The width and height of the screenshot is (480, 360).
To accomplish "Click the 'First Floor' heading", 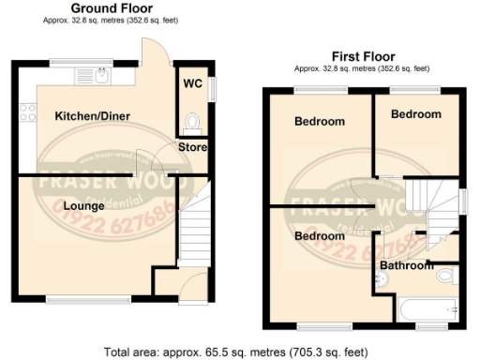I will click(x=362, y=56).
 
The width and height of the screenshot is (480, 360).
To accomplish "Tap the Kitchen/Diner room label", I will click(x=92, y=115).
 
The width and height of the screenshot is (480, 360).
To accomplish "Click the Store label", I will click(x=193, y=148).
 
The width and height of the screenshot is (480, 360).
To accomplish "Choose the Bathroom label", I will click(x=407, y=265).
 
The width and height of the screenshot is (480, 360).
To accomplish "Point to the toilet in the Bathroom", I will click(x=447, y=276).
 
